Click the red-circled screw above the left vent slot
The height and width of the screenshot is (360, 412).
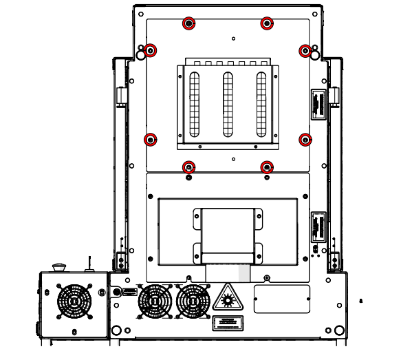(x=188, y=23)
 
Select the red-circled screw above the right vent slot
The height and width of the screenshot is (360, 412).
(x=267, y=23)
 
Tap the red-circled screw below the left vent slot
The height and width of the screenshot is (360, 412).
(x=188, y=167)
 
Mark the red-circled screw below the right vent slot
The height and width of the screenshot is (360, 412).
(x=267, y=167)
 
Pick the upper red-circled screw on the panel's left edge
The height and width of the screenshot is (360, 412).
(x=151, y=50)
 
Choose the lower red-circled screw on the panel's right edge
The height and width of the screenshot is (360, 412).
(x=305, y=140)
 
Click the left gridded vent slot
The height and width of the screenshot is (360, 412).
(x=194, y=104)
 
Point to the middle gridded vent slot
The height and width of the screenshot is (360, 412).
(x=228, y=104)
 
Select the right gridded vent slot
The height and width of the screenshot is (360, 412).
(x=261, y=104)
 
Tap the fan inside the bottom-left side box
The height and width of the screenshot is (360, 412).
(x=74, y=301)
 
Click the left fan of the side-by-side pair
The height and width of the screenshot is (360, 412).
(x=155, y=301)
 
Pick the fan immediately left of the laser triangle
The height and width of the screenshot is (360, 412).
(x=193, y=301)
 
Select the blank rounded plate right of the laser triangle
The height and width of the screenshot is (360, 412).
(x=282, y=299)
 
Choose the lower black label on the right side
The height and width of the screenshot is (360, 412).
(x=318, y=226)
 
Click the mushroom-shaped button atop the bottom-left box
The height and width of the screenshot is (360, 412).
(x=58, y=266)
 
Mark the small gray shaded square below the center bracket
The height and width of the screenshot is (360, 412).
(x=243, y=273)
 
